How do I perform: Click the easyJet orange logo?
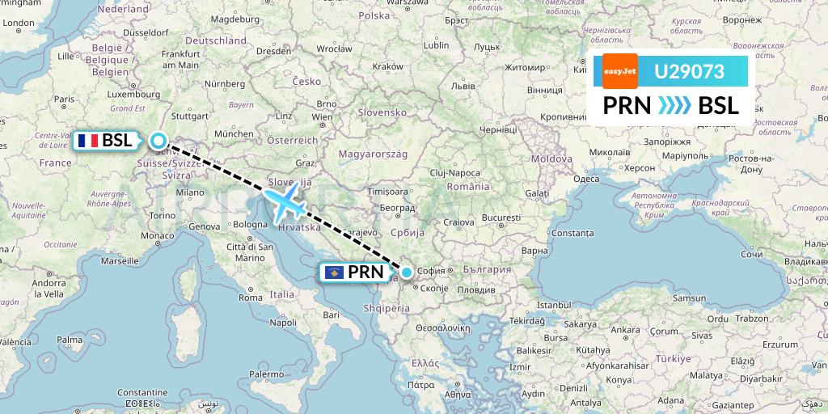click(620, 71)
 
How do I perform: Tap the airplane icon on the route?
click(282, 201)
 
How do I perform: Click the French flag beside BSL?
click(88, 141)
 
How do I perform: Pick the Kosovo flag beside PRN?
click(333, 273)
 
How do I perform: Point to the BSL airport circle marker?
click(158, 141)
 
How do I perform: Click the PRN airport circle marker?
click(407, 273)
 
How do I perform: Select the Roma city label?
click(250, 298)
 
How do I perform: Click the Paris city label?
click(64, 99)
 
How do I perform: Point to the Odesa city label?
click(585, 180)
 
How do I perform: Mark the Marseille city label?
click(120, 261)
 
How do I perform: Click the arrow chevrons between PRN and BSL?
click(674, 105)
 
